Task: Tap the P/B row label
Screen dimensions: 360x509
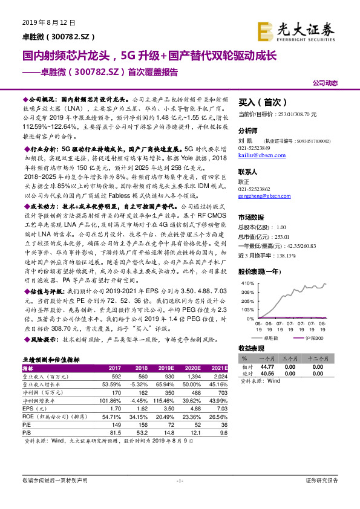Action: pyautogui.click(x=27, y=433)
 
